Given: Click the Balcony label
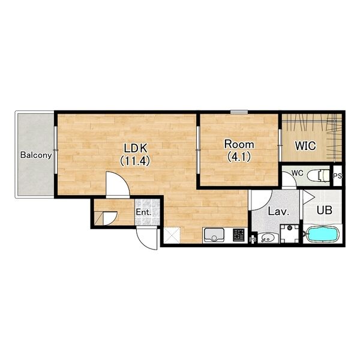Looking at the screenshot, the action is point(36,155).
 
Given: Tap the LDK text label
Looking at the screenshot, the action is point(135,148).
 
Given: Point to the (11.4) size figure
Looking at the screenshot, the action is point(135,160).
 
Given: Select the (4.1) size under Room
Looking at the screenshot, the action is point(239,157).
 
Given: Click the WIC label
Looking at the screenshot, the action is point(305,146).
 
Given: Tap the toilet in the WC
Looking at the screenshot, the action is point(319,175).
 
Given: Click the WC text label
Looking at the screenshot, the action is point(298,173).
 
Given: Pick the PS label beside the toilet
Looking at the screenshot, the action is point(337,176).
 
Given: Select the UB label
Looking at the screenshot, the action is point(325,210).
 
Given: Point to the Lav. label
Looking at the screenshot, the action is point(278,211).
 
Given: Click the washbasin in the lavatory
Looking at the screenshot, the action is point(268,238).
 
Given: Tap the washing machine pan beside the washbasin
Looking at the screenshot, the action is point(290,234).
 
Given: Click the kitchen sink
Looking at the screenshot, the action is point(214,235).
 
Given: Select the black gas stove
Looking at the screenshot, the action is point(239,235).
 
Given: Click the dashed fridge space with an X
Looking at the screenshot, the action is point(172,235).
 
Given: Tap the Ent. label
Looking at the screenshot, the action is point(143,212).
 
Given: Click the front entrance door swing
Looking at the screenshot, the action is point(146,238).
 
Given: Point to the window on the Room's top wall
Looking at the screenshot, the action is point(239,112).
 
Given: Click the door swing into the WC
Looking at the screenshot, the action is point(290,181).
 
